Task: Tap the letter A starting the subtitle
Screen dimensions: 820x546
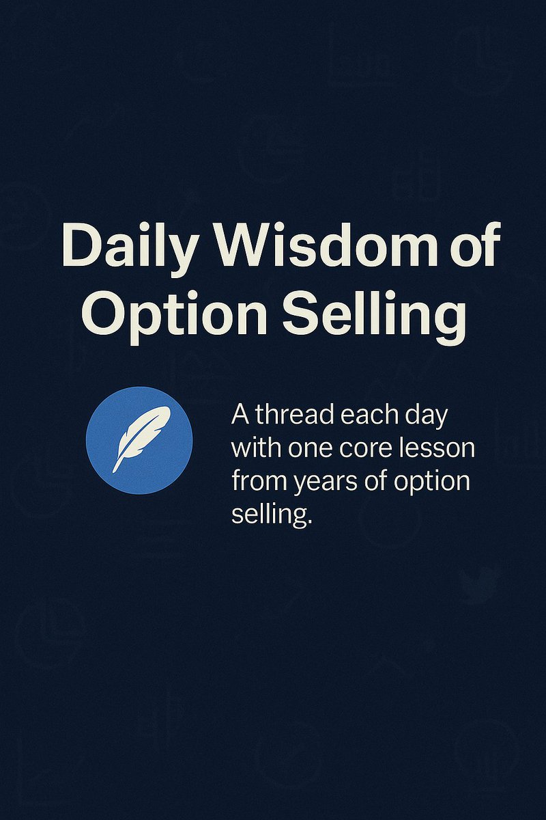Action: click(240, 415)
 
